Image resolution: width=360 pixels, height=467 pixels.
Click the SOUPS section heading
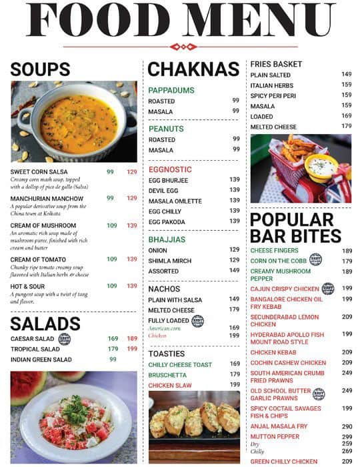click(x=40, y=69)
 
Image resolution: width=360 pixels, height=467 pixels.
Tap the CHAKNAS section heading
click(x=193, y=69)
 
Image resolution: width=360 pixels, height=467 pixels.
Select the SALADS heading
click(x=45, y=324)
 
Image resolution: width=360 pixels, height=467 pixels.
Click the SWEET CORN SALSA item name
click(x=39, y=171)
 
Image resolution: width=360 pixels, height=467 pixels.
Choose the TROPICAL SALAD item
click(x=35, y=349)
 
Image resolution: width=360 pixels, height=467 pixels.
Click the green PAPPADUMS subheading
click(x=171, y=90)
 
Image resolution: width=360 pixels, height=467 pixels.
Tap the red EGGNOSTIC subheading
click(x=170, y=169)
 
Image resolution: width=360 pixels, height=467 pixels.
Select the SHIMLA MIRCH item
click(x=169, y=260)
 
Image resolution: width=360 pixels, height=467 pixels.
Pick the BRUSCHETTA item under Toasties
click(x=167, y=375)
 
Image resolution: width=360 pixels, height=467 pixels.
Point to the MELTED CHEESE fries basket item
click(x=273, y=127)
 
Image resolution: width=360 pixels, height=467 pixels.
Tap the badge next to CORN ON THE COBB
click(x=315, y=260)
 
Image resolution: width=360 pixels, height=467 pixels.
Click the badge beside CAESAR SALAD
click(x=65, y=339)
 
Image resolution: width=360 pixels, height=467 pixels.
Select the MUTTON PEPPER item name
click(x=275, y=437)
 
